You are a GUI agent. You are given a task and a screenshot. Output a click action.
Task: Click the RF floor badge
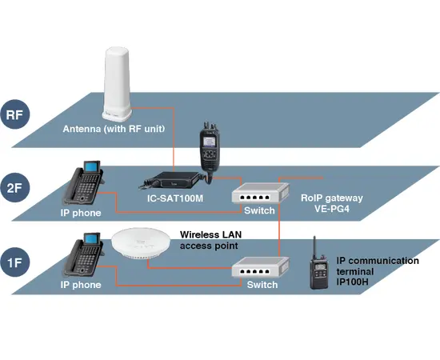pyautogui.click(x=14, y=114)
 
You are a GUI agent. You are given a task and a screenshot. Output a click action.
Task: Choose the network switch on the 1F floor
pyautogui.click(x=259, y=268)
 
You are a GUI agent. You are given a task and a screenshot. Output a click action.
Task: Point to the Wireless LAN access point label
pyautogui.click(x=209, y=240)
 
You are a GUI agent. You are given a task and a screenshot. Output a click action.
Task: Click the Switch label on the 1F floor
pyautogui.click(x=262, y=285)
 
